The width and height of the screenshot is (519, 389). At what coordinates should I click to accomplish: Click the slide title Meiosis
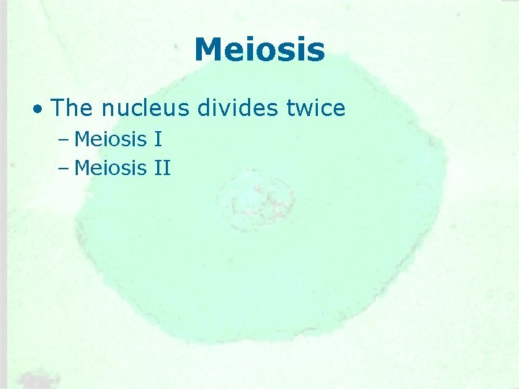pyautogui.click(x=259, y=50)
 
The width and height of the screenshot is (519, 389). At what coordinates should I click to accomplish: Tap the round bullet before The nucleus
pyautogui.click(x=37, y=109)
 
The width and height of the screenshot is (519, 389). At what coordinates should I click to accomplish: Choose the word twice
pyautogui.click(x=315, y=108)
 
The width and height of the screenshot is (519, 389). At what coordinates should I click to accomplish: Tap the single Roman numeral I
pyautogui.click(x=157, y=138)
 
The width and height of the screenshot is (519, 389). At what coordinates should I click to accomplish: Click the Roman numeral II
pyautogui.click(x=161, y=169)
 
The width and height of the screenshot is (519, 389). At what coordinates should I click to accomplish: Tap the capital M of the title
pyautogui.click(x=208, y=50)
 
